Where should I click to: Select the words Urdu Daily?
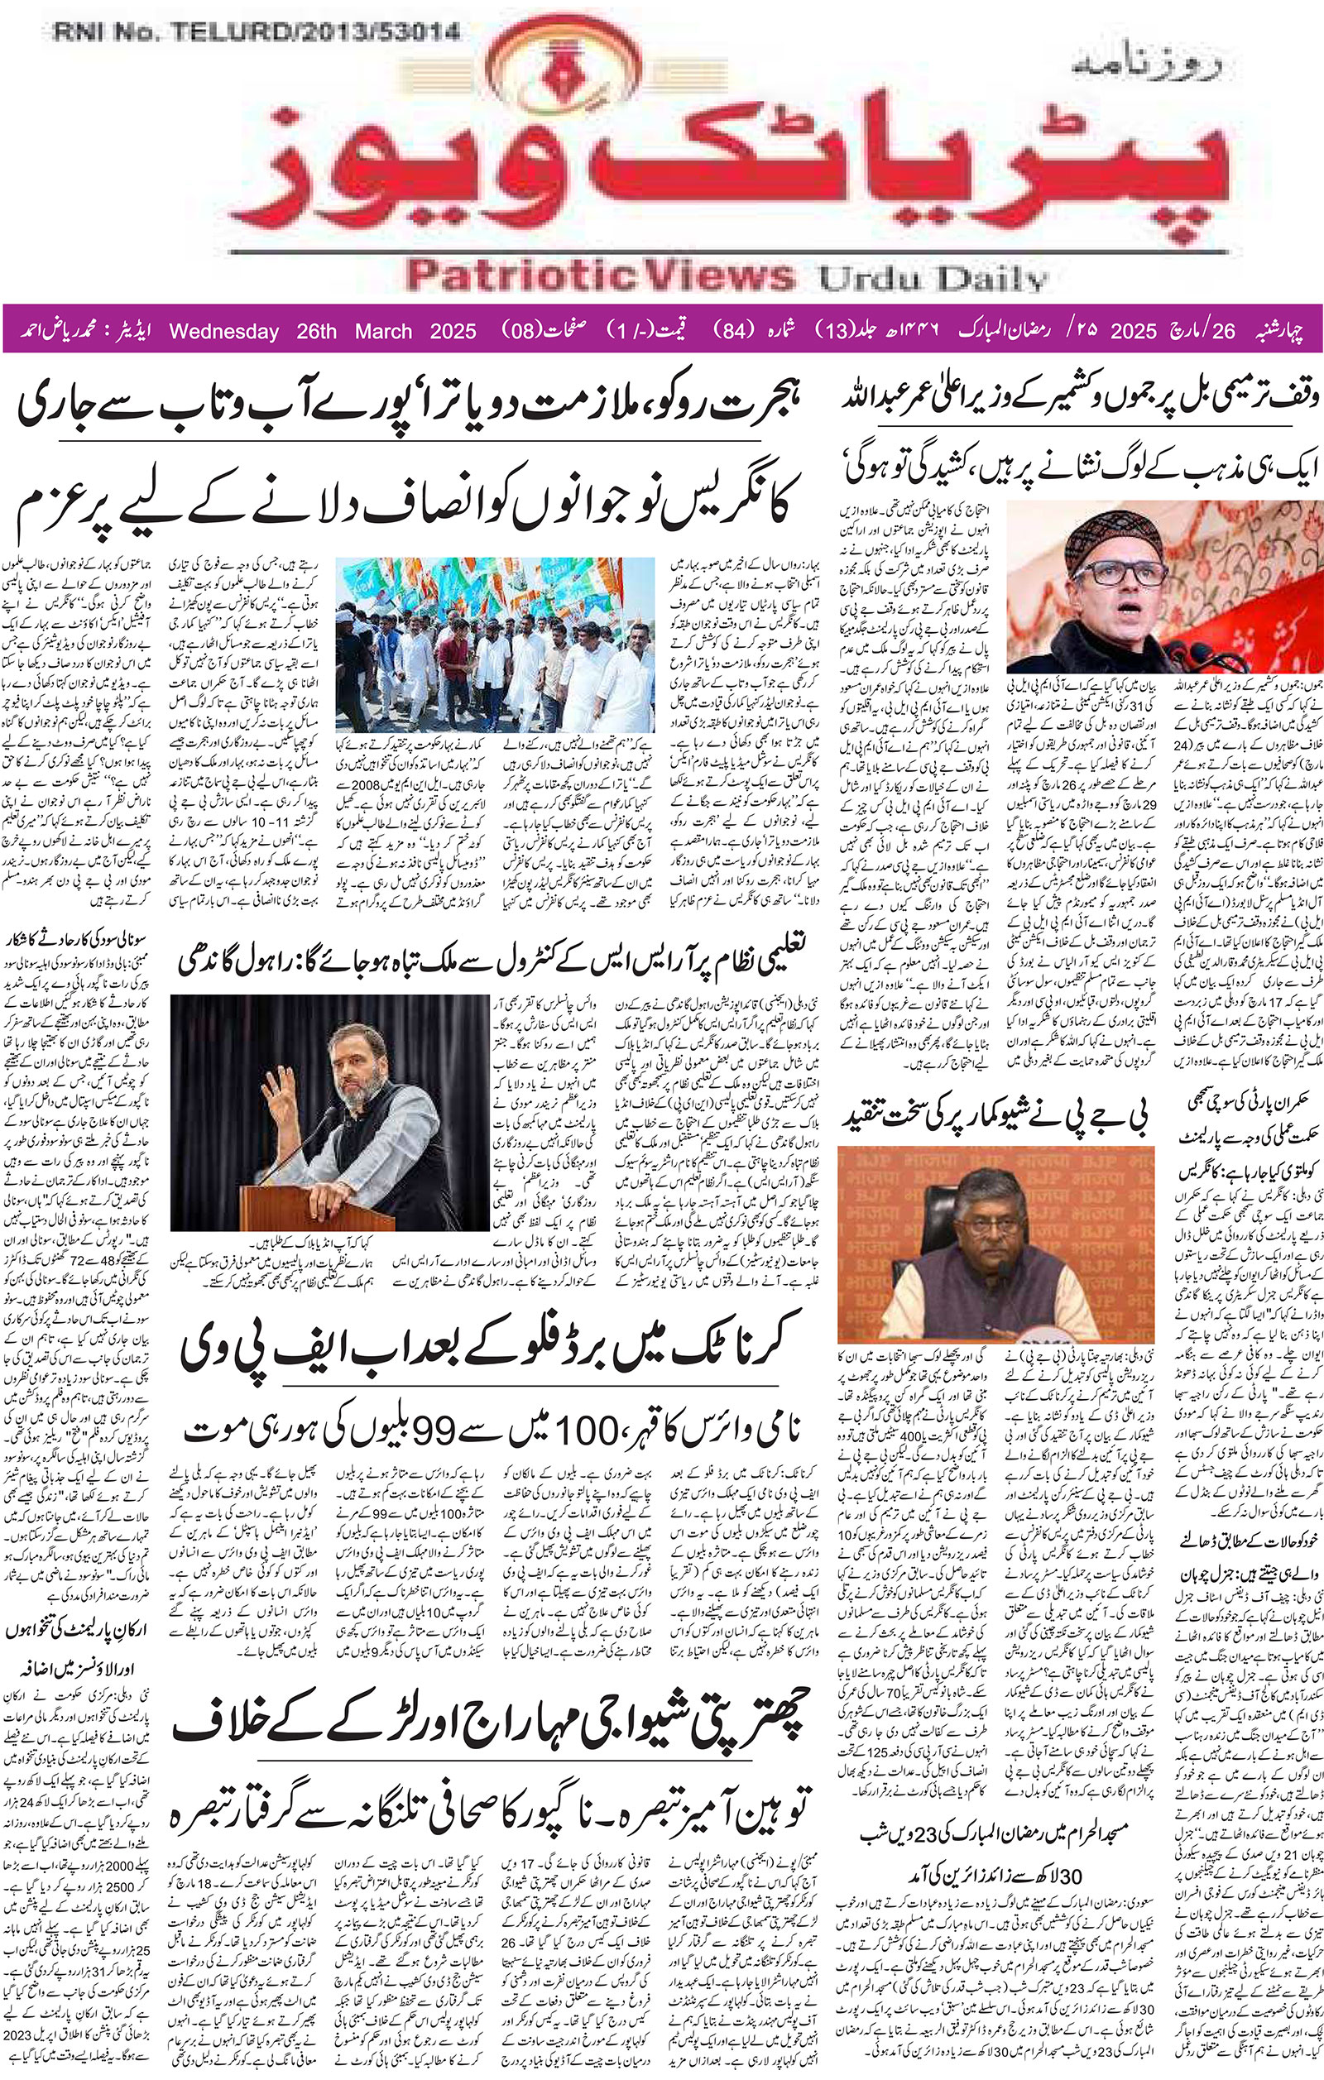tap(932, 278)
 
